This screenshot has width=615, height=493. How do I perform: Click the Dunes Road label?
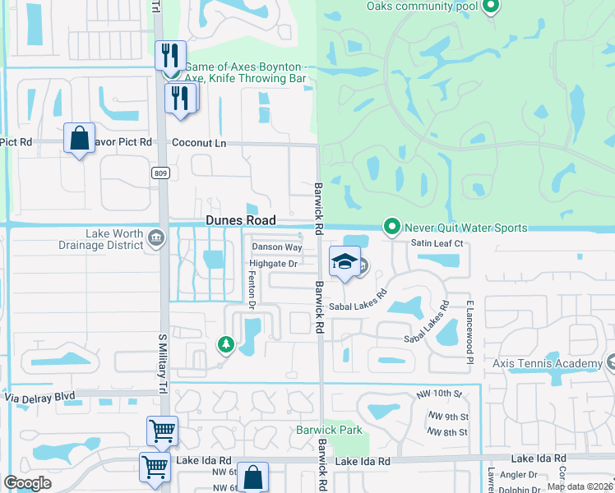pos(239,220)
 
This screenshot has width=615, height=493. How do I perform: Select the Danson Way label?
pos(276,246)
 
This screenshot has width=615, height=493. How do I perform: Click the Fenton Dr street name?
pos(252,289)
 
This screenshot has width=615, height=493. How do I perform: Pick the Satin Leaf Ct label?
pos(437,244)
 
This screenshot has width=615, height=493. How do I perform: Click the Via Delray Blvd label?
pos(40,396)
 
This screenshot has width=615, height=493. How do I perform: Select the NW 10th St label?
pos(444,394)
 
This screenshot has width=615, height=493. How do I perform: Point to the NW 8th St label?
pos(448,432)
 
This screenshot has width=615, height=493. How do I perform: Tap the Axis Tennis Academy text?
pos(546,364)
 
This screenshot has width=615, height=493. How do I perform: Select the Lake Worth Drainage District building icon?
pos(155,238)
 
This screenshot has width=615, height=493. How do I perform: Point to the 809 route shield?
pos(160,173)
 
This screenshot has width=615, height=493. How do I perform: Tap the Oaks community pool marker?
pos(491,7)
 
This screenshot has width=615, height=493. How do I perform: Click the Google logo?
pos(28,483)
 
